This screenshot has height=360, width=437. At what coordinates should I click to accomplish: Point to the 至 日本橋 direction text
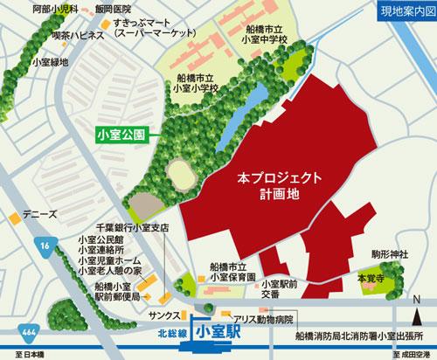19,353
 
